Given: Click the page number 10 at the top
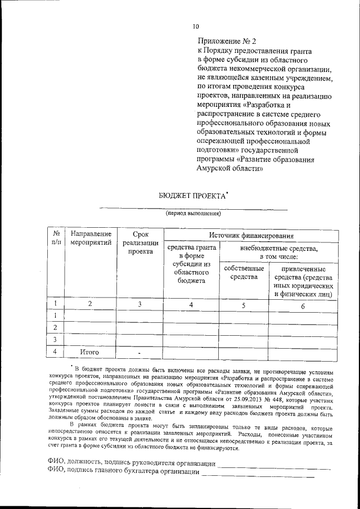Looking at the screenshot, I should tap(195, 26).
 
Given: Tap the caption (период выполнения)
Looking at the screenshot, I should tap(193, 213).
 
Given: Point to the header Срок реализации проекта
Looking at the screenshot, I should tap(141, 242).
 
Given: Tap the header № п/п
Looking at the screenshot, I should tap(56, 237).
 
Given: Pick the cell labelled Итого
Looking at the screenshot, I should tap(89, 352).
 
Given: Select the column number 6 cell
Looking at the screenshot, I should tap(303, 306).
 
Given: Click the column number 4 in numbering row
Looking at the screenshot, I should tap(191, 305).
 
